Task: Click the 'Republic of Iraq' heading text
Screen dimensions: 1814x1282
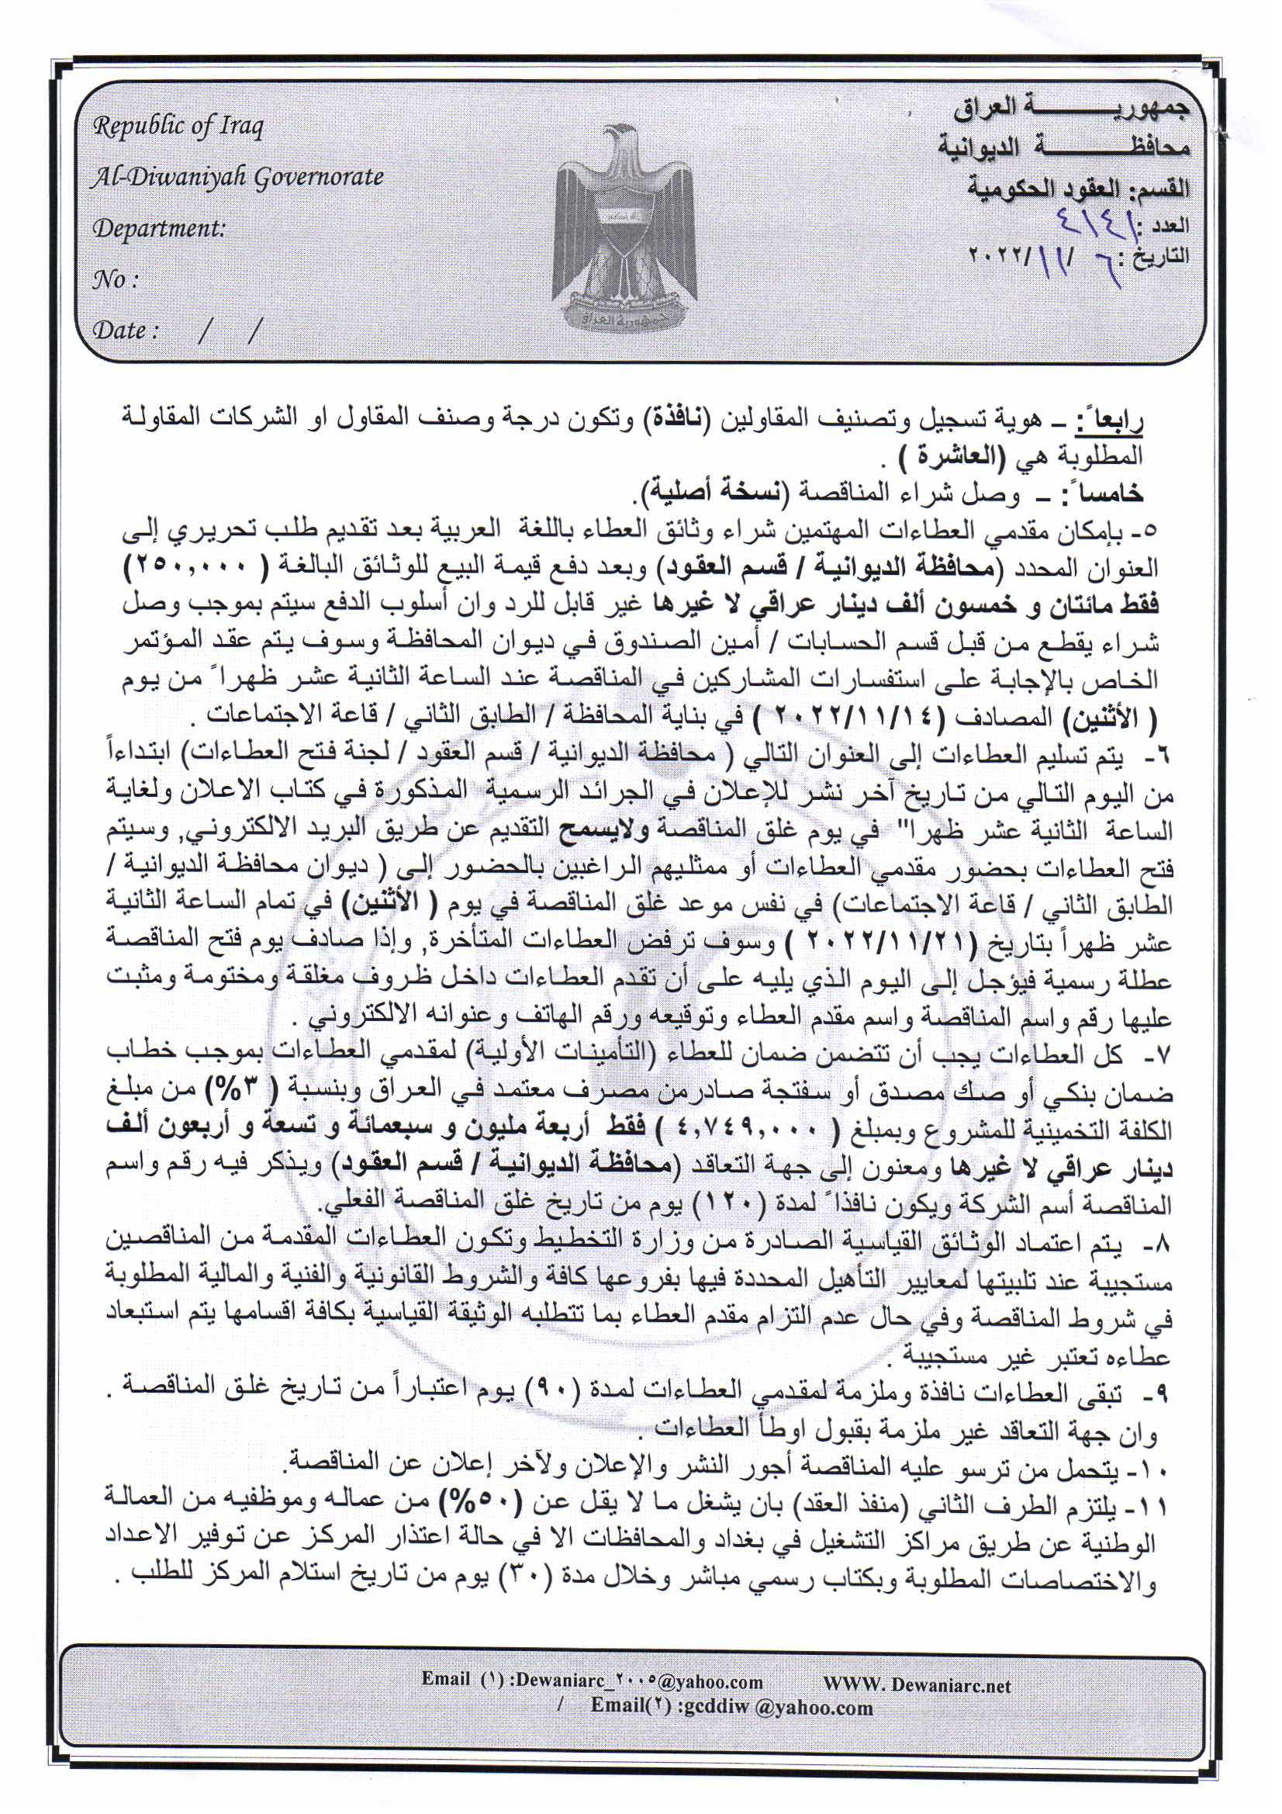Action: point(178,126)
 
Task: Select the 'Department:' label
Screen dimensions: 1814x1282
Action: point(159,229)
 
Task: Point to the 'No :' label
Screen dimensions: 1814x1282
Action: point(116,279)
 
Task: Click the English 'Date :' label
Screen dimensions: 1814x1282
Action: point(126,331)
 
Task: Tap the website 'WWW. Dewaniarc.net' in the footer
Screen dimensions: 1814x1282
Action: point(916,1684)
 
